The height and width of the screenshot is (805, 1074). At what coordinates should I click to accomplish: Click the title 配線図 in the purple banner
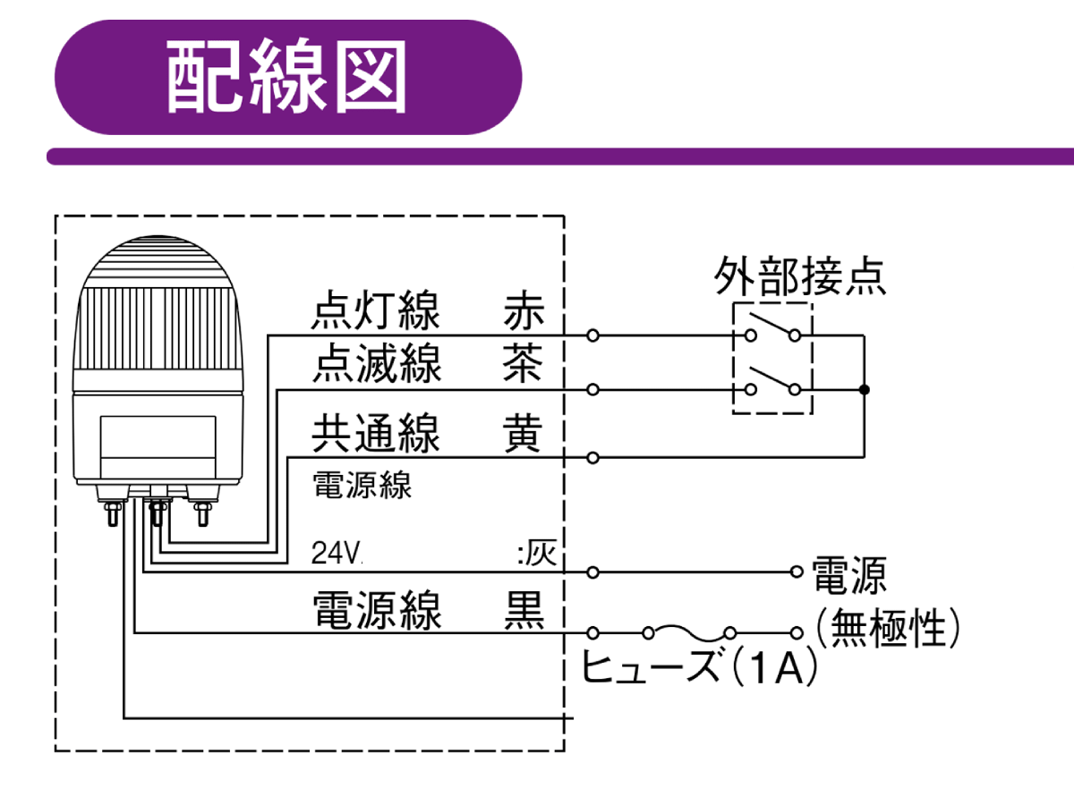286,78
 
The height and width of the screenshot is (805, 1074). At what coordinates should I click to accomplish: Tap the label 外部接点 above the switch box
799,277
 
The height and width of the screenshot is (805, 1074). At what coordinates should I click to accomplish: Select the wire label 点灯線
376,312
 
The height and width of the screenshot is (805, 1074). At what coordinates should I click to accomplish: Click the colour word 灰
541,555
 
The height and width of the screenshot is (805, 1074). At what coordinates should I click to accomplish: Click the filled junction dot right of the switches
864,390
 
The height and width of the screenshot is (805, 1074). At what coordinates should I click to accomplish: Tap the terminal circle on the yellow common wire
592,458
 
